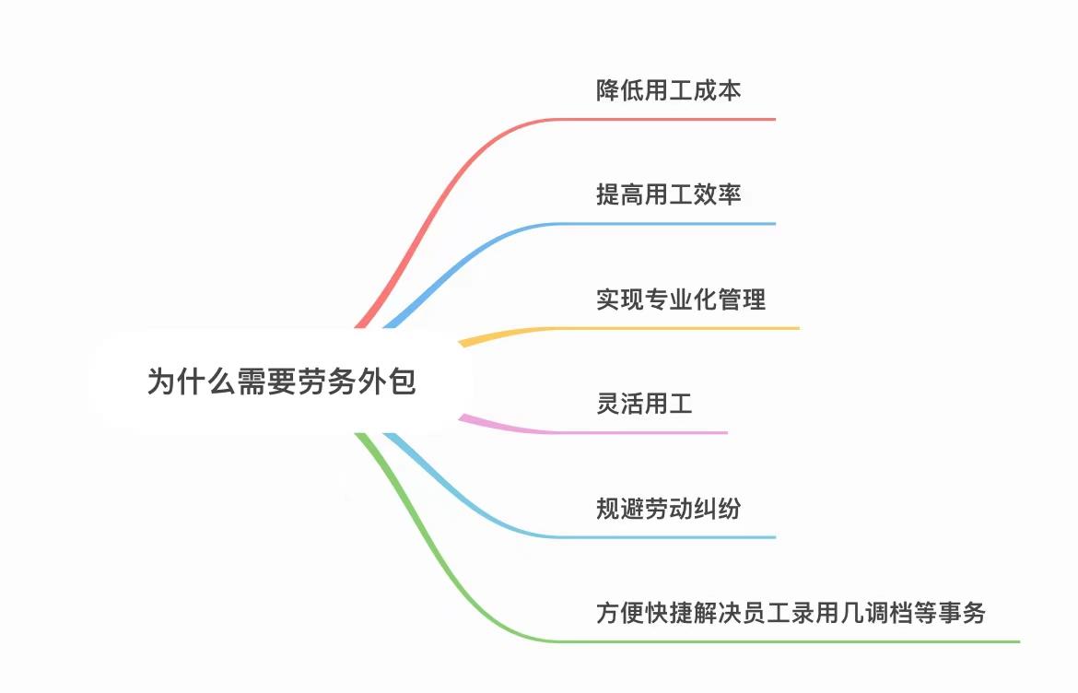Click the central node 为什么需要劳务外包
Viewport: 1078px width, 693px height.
[x=281, y=382]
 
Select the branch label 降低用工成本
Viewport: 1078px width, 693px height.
[x=669, y=90]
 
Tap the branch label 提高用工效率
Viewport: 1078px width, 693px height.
[x=669, y=194]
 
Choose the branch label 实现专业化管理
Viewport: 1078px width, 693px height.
[x=681, y=300]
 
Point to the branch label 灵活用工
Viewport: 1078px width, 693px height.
[x=644, y=404]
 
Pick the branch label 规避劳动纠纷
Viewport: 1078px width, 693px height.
[x=669, y=508]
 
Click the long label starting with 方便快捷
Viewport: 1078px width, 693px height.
[x=791, y=613]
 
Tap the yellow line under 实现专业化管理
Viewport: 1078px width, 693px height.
[x=645, y=328]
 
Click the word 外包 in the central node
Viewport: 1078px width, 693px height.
[x=389, y=382]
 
